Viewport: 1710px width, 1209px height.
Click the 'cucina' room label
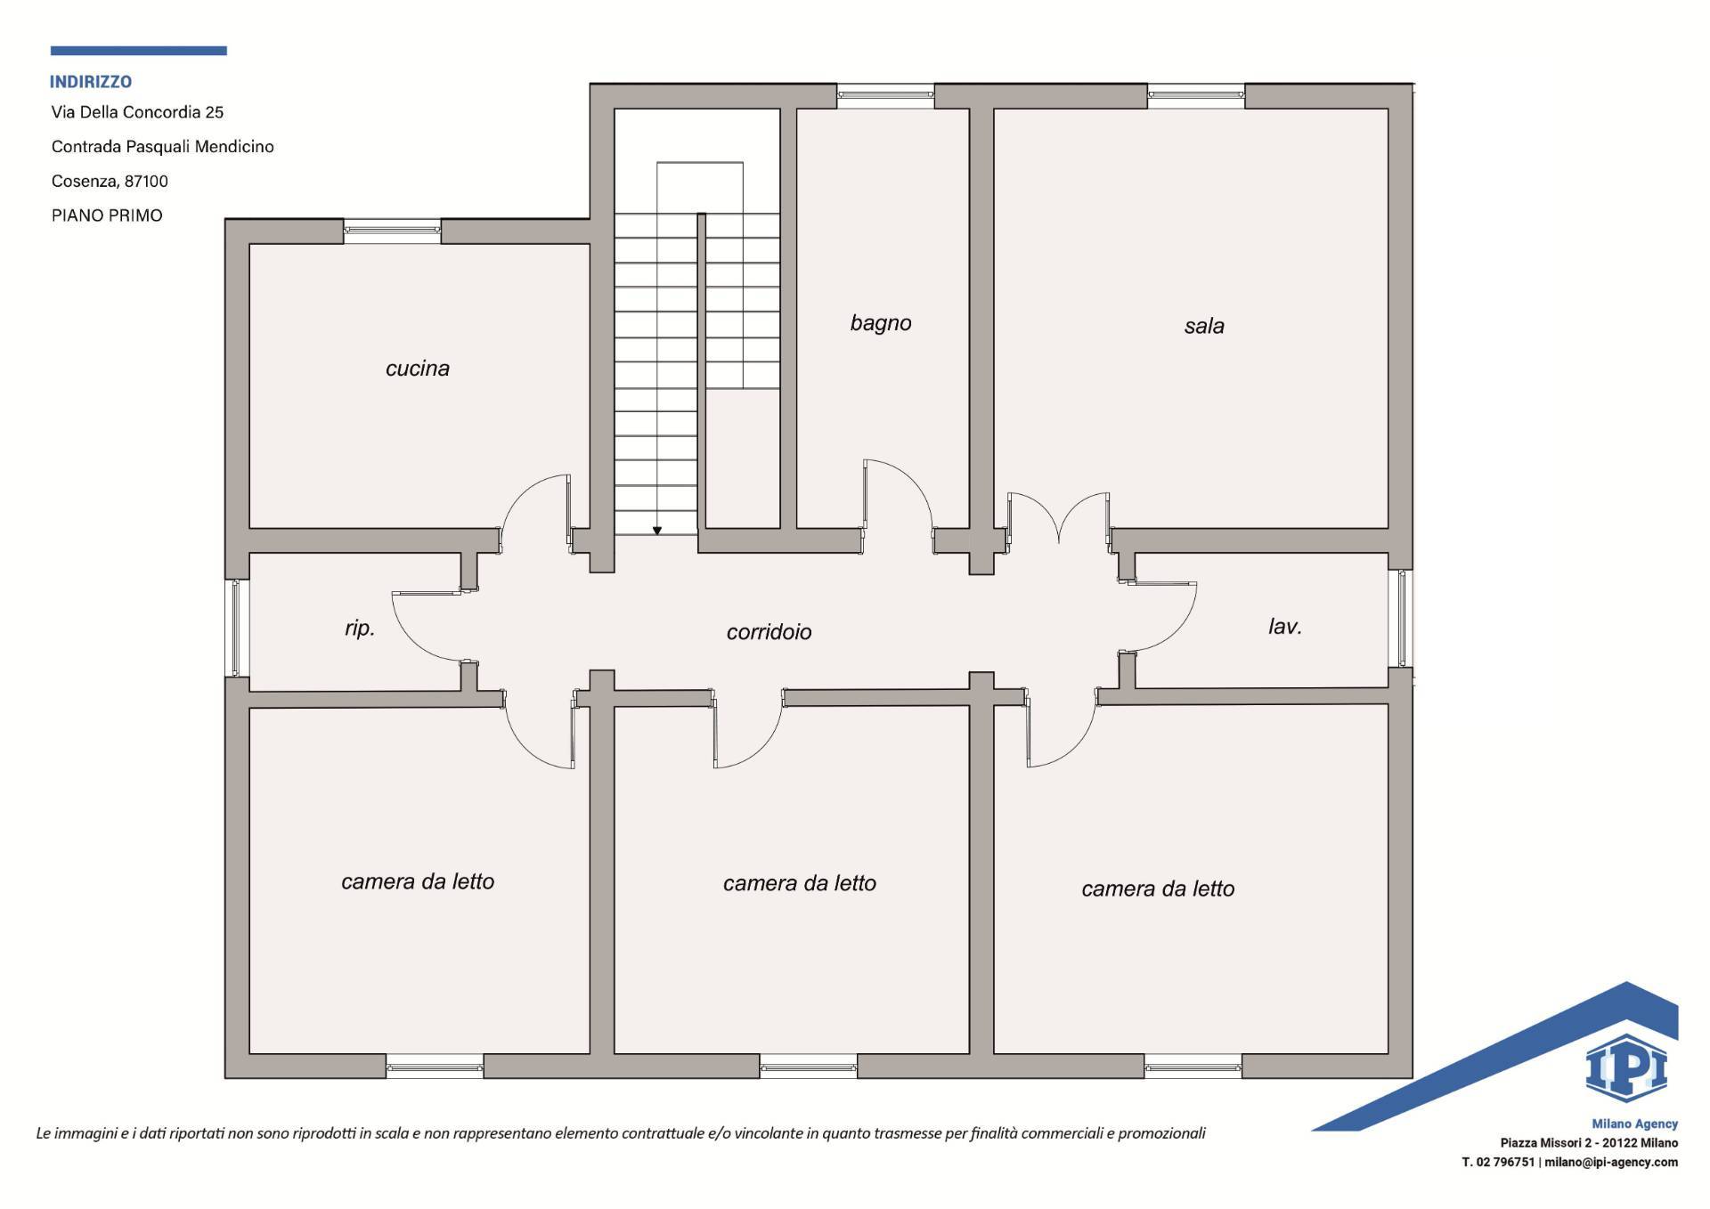(x=418, y=369)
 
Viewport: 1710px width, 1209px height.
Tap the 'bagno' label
(x=881, y=323)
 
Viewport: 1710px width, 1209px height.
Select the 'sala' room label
(x=1204, y=326)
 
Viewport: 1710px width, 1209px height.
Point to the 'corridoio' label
(x=769, y=632)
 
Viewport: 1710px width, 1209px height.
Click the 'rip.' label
(x=360, y=629)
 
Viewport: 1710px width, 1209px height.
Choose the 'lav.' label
(x=1285, y=627)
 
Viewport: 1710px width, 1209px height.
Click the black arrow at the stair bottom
(x=657, y=531)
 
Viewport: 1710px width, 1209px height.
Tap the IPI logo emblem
(x=1626, y=1068)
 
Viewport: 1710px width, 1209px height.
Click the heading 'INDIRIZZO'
(x=91, y=82)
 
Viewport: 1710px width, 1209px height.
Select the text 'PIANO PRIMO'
(x=107, y=215)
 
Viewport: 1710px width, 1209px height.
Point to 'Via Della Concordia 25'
(x=137, y=112)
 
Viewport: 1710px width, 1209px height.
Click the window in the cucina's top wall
(x=392, y=231)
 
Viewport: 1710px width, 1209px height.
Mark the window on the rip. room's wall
(x=236, y=627)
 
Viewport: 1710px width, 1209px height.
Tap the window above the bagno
(x=885, y=95)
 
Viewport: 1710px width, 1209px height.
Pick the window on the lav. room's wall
(x=1401, y=618)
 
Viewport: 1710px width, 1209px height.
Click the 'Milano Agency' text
(x=1634, y=1124)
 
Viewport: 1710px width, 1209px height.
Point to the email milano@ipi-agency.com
(x=1611, y=1162)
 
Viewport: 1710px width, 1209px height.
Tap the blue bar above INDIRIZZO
(x=139, y=51)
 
